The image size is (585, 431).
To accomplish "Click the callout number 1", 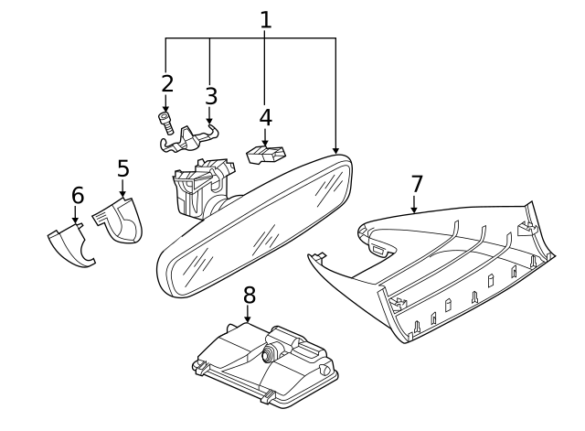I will tap(265, 19).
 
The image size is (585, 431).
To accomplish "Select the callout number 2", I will tap(166, 84).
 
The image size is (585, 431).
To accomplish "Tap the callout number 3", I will tap(210, 95).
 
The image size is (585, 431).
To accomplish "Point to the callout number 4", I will tap(265, 117).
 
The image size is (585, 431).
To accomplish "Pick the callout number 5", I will tap(122, 169).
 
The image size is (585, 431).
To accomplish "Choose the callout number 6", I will tap(78, 195).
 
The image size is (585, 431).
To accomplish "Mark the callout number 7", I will tap(417, 184).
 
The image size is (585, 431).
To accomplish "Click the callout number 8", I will tap(248, 296).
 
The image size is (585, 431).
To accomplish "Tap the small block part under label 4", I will tap(266, 154).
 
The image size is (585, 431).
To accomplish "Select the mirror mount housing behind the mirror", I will tap(199, 188).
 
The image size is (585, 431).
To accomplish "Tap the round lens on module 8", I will tap(271, 353).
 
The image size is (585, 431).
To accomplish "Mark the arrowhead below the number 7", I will tap(414, 210).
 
